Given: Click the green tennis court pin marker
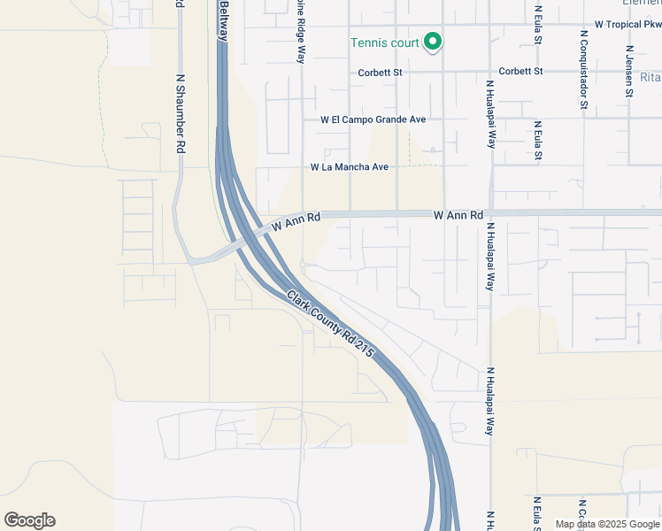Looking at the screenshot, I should click(433, 41).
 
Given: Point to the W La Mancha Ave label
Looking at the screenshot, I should click(350, 167).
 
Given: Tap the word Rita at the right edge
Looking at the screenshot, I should click(650, 77).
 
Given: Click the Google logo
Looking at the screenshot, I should click(29, 520).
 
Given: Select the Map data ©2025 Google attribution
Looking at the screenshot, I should click(606, 524).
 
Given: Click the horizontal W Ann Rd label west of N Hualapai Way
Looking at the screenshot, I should click(458, 215).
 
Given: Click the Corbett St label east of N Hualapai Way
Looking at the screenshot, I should click(520, 72).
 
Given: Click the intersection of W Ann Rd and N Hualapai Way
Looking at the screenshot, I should click(489, 213).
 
